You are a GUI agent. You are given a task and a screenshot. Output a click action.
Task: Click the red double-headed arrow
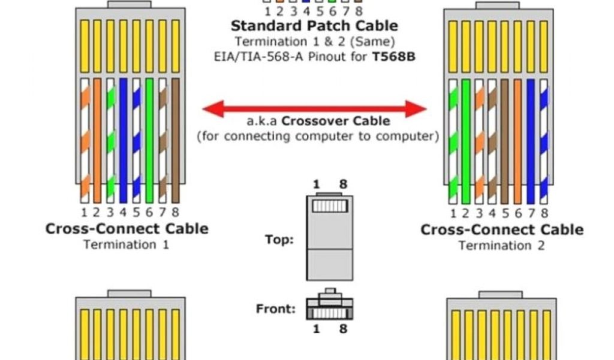coord(314,109)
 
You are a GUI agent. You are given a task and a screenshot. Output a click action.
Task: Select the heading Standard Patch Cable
coord(314,26)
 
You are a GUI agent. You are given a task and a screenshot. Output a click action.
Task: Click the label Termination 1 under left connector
coord(127,245)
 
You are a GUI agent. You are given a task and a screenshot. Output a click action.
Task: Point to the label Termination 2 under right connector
coord(502,245)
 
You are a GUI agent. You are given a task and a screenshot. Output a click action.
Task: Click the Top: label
coord(279,240)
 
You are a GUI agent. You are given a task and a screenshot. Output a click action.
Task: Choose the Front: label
coord(276,310)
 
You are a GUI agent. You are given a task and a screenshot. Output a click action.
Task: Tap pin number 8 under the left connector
coord(175,212)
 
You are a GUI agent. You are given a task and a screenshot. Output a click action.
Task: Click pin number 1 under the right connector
coord(452,213)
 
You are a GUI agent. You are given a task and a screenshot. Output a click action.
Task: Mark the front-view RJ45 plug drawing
coord(329,307)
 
